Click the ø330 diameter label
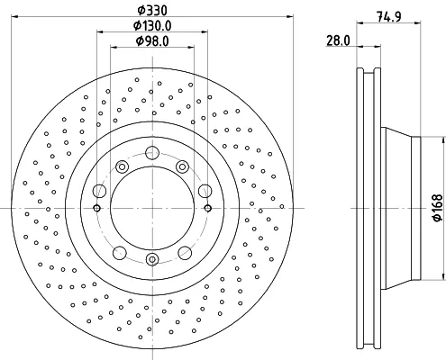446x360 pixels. pyautogui.click(x=152, y=11)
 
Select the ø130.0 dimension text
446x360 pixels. pyautogui.click(x=152, y=26)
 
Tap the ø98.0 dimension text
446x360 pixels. pyautogui.click(x=152, y=41)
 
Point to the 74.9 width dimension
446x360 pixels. pyautogui.click(x=389, y=17)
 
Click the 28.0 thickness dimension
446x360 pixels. pyautogui.click(x=338, y=40)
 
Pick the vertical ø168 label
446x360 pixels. pyautogui.click(x=438, y=208)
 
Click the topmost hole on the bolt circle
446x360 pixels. pyautogui.click(x=152, y=153)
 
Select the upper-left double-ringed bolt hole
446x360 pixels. pyautogui.click(x=123, y=166)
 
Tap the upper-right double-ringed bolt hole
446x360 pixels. pyautogui.click(x=182, y=166)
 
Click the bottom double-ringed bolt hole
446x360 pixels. pyautogui.click(x=152, y=259)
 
